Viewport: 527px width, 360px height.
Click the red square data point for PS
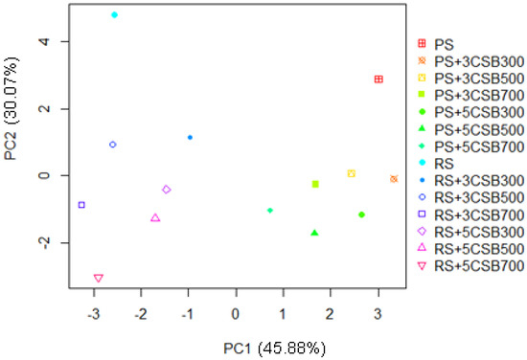click(x=378, y=79)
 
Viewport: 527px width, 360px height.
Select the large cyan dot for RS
click(x=114, y=15)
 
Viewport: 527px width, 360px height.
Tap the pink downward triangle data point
click(x=98, y=279)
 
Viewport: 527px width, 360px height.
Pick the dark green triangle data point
click(x=314, y=233)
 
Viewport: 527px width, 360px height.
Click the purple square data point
click(x=81, y=205)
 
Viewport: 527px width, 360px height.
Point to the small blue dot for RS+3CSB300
click(x=190, y=137)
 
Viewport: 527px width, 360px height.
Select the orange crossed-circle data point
click(x=394, y=179)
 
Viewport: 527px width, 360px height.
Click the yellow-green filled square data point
click(x=315, y=184)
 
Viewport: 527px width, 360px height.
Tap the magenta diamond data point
click(x=166, y=190)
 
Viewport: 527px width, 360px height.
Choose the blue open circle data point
click(x=113, y=145)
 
